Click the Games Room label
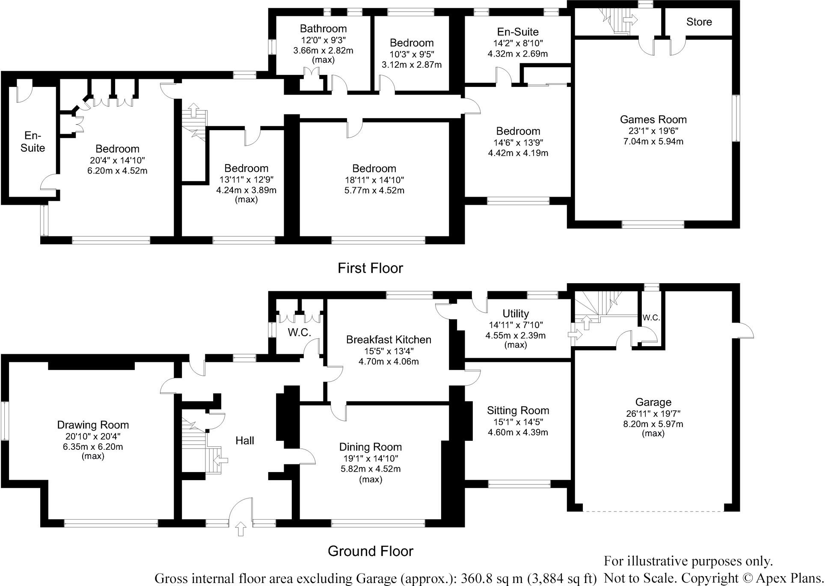point(653,120)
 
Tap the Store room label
point(699,22)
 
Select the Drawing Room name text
point(93,425)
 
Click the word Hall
point(245,440)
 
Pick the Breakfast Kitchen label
point(389,340)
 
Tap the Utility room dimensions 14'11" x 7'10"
point(516,325)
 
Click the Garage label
point(653,402)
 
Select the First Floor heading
point(370,268)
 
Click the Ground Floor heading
point(370,551)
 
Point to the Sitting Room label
point(518,410)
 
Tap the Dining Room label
point(370,447)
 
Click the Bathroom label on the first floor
point(323,29)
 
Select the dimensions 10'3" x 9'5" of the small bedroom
point(412,54)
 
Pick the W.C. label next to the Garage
point(651,318)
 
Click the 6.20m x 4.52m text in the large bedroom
point(118,171)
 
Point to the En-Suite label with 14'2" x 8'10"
point(517,32)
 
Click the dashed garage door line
point(653,511)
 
